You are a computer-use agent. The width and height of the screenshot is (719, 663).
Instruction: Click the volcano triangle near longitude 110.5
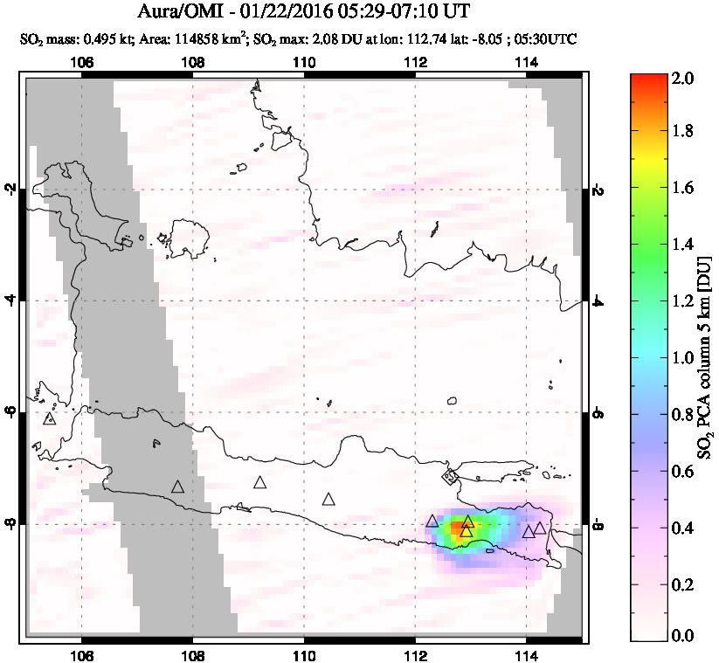(x=328, y=500)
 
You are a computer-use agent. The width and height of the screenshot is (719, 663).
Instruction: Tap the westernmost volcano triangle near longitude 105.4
(x=49, y=418)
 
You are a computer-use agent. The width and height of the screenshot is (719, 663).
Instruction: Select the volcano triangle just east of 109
(x=259, y=482)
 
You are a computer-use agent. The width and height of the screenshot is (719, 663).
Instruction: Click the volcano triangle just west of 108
(x=177, y=487)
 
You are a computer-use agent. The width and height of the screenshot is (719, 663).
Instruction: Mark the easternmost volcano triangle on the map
(x=540, y=528)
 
